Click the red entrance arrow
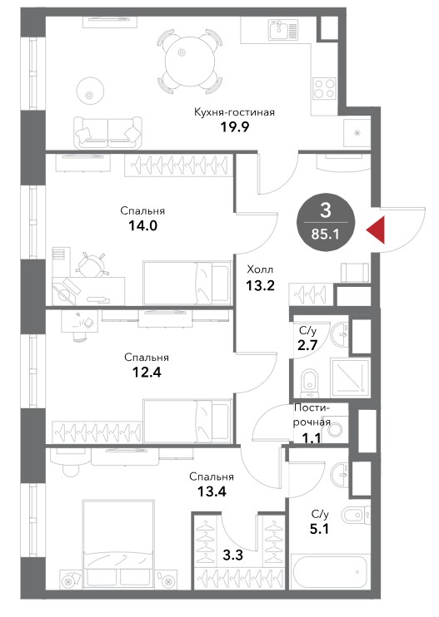[377, 230]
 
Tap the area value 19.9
[234, 127]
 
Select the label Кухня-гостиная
[234, 112]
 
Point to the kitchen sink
[283, 30]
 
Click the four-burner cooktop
[325, 88]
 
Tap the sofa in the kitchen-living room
[107, 132]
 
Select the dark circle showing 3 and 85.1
[326, 222]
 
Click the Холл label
[260, 270]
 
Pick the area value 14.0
[142, 226]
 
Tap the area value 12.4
[147, 372]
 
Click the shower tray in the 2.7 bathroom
[350, 378]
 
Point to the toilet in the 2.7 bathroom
[310, 383]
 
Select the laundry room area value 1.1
[312, 437]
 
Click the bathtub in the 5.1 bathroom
[330, 571]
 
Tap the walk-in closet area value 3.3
[233, 555]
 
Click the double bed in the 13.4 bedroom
[117, 544]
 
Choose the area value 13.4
[212, 491]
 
